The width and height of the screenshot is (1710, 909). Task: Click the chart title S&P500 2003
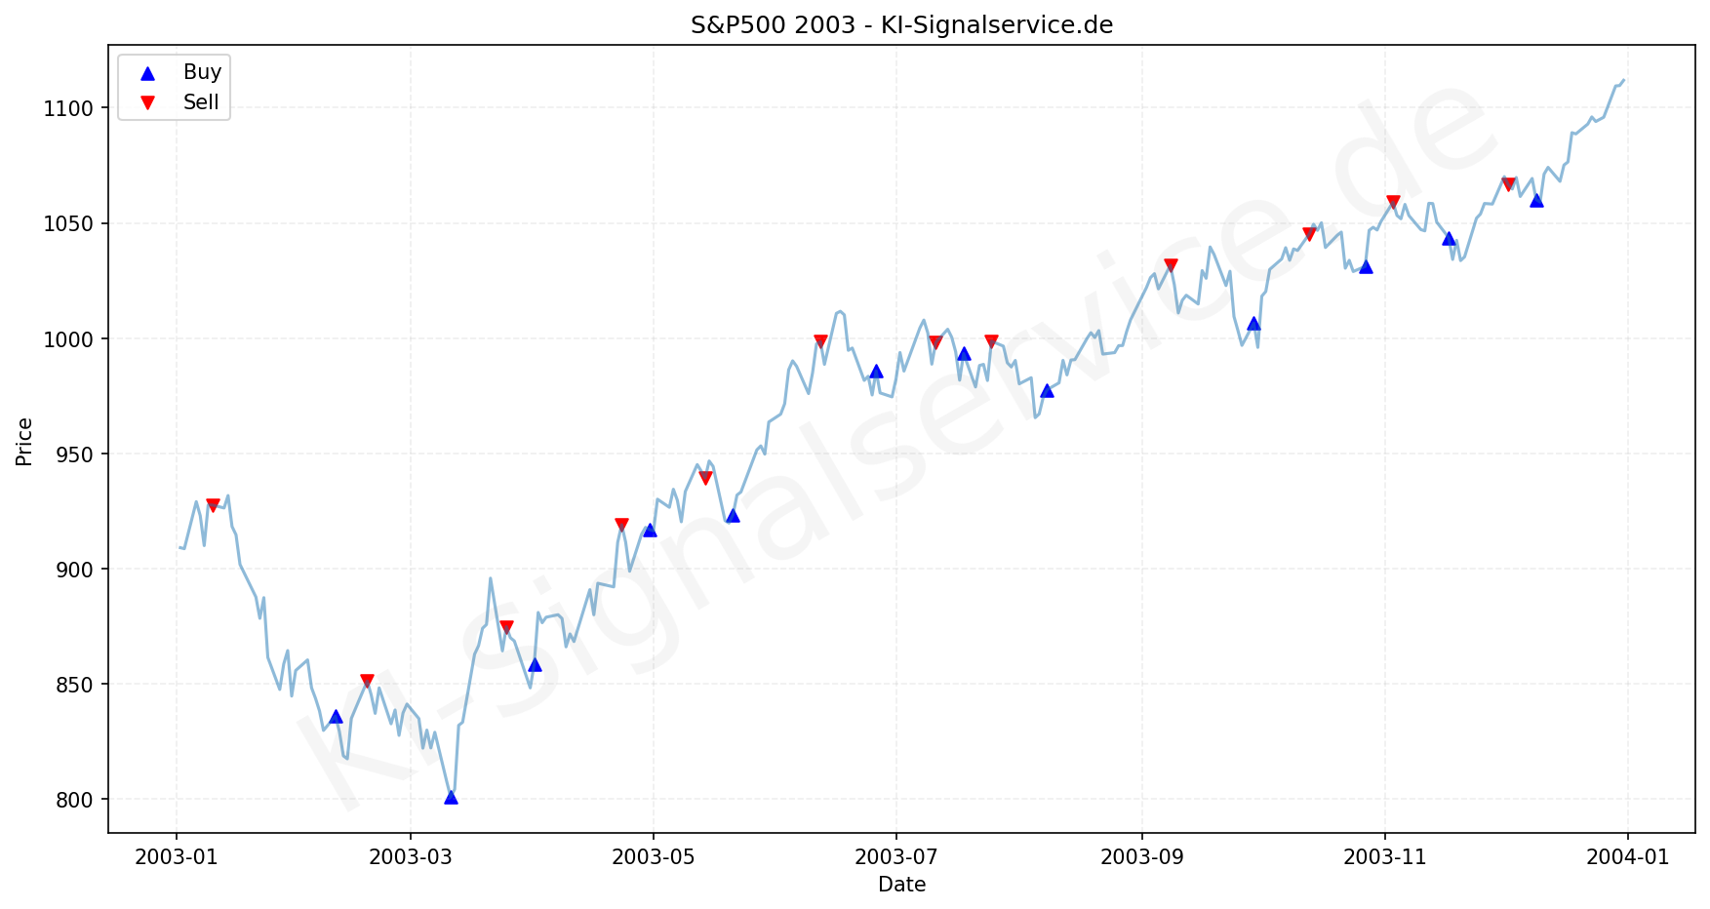tap(901, 25)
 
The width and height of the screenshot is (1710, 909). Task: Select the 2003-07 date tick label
tap(895, 857)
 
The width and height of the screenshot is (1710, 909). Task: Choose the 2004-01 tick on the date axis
tap(1627, 857)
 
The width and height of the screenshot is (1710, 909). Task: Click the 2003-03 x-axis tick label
tap(411, 857)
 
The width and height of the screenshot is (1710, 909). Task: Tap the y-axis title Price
tap(24, 442)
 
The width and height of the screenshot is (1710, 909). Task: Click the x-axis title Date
tap(901, 885)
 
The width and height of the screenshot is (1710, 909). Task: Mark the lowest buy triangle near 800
tap(451, 797)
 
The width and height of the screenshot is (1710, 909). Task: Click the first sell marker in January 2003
tap(213, 505)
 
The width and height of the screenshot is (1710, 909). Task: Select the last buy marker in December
tap(1536, 200)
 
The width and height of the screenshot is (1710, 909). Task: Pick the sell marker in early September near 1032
tap(1171, 265)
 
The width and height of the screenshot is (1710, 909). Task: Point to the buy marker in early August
tap(1047, 390)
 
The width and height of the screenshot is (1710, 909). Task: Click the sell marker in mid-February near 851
tap(367, 681)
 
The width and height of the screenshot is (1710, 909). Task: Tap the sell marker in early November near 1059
tap(1393, 202)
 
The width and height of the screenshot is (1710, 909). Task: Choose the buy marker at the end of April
tap(650, 530)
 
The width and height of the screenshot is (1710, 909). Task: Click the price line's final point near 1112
tap(1623, 80)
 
